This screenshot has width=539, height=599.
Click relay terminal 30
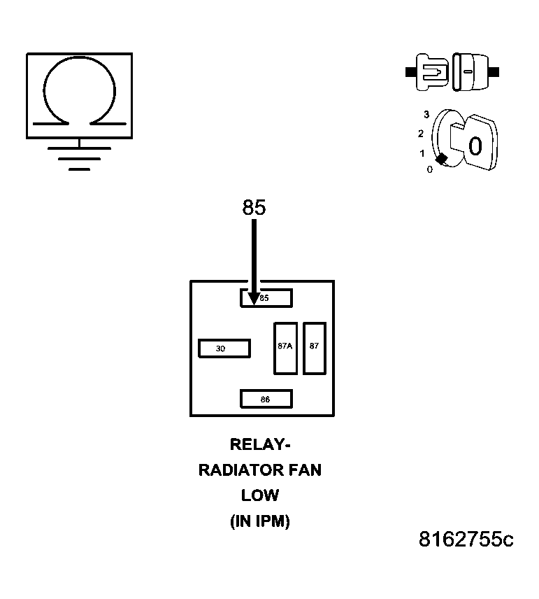pos(224,348)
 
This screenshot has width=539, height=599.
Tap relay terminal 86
pos(266,399)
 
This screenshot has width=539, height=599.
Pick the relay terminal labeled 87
pos(315,348)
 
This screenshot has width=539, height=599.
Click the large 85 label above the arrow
pos(254,208)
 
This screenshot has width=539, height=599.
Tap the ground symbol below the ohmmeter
pos(79,158)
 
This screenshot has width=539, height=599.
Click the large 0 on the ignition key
pos(475,146)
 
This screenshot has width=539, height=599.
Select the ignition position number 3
pos(426,114)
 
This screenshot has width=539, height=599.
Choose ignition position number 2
pos(421,133)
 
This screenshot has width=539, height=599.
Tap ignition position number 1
pos(422,153)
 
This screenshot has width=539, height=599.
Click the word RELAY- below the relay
pos(259,444)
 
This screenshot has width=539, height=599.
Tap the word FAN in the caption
pos(306,470)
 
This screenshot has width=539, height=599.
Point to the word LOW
pos(259,495)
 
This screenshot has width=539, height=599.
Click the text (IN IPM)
pos(259,521)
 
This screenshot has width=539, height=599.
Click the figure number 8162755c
pos(466,540)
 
